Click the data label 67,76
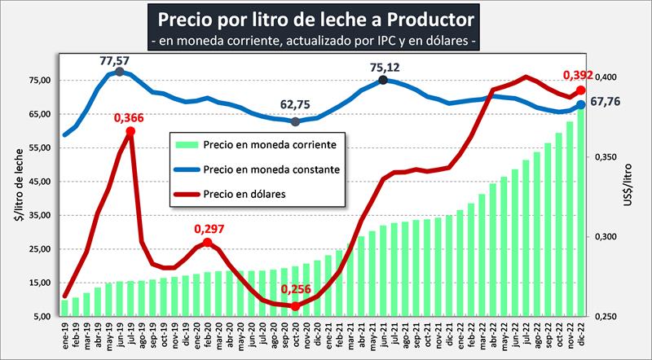(x=605, y=102)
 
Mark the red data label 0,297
(x=209, y=230)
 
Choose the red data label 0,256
(x=296, y=290)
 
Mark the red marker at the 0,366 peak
(x=130, y=131)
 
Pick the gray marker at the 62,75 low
(x=295, y=121)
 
